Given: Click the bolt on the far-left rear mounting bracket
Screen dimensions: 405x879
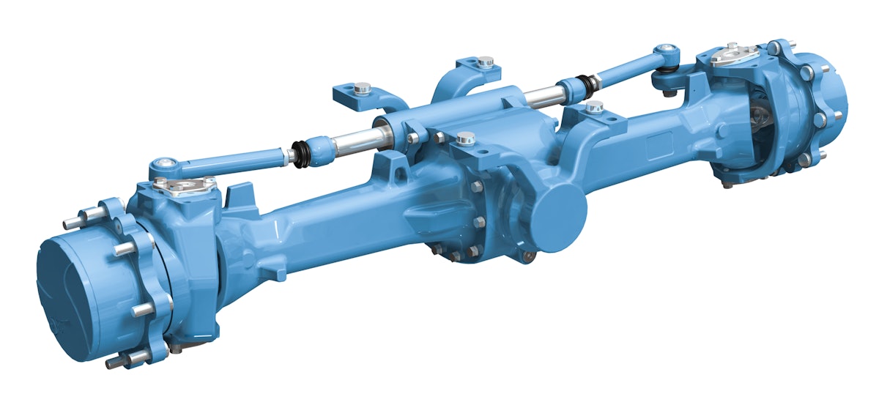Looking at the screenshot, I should [361, 89].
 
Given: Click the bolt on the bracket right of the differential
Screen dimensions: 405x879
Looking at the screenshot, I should [594, 108].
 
